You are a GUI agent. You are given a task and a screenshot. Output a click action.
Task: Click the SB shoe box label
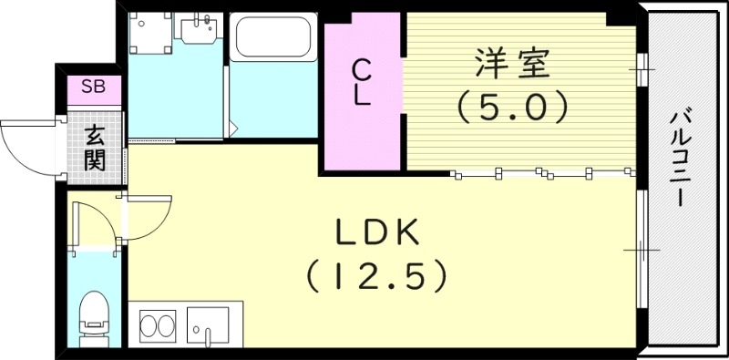click(92, 87)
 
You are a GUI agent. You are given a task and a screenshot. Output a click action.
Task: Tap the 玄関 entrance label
click(94, 148)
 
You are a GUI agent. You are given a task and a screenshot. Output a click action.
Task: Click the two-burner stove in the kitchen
click(158, 325)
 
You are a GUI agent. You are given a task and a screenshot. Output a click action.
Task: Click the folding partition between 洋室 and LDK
click(542, 172)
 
